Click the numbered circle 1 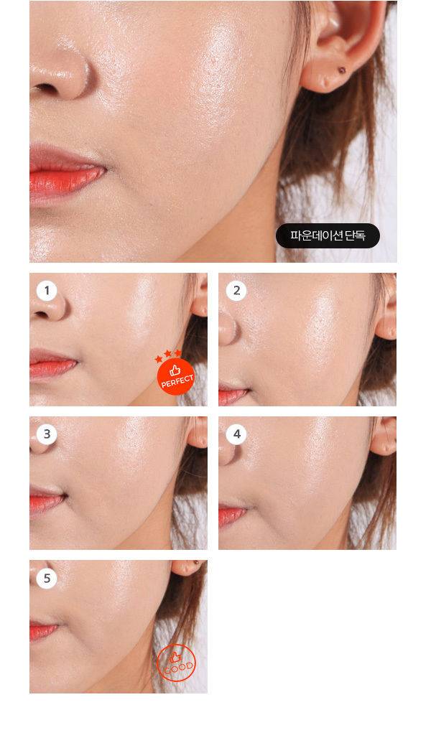[47, 291]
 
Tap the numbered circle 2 [236, 291]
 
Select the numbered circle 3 [47, 434]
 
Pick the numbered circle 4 [236, 434]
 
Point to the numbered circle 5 [47, 579]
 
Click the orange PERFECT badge [176, 376]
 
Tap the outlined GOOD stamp [176, 663]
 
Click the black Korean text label [328, 235]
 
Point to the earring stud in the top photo [341, 70]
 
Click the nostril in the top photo [46, 88]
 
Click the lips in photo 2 [232, 394]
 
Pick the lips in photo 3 [47, 498]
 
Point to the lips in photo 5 [42, 631]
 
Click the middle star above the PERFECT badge [167, 353]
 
